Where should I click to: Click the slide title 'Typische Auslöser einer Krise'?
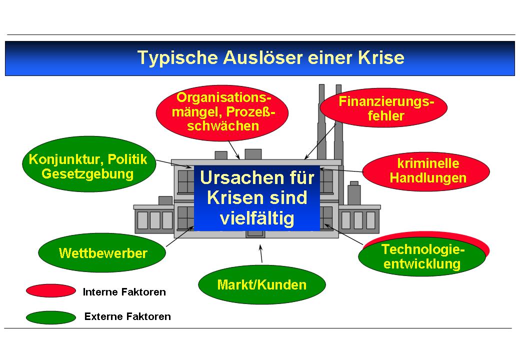[x=270, y=58]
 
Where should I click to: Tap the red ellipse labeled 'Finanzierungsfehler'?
[x=383, y=108]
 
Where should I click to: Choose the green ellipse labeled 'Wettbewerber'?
[x=102, y=253]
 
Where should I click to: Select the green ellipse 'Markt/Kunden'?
[x=261, y=285]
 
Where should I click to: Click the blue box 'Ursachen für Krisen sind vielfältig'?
[x=256, y=198]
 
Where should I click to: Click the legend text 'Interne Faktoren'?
[x=124, y=292]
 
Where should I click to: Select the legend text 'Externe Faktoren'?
[x=127, y=316]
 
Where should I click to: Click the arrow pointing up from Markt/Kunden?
[x=260, y=253]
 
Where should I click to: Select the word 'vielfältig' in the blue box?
[x=257, y=218]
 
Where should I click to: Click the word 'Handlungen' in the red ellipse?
[x=427, y=177]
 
